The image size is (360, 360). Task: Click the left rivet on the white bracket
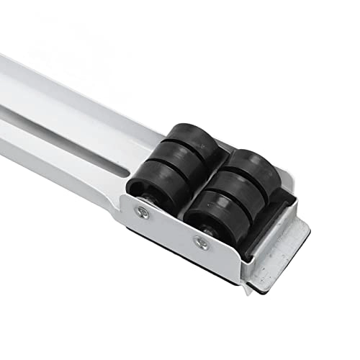(x=143, y=212)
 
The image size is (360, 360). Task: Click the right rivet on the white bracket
(x=202, y=243)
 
